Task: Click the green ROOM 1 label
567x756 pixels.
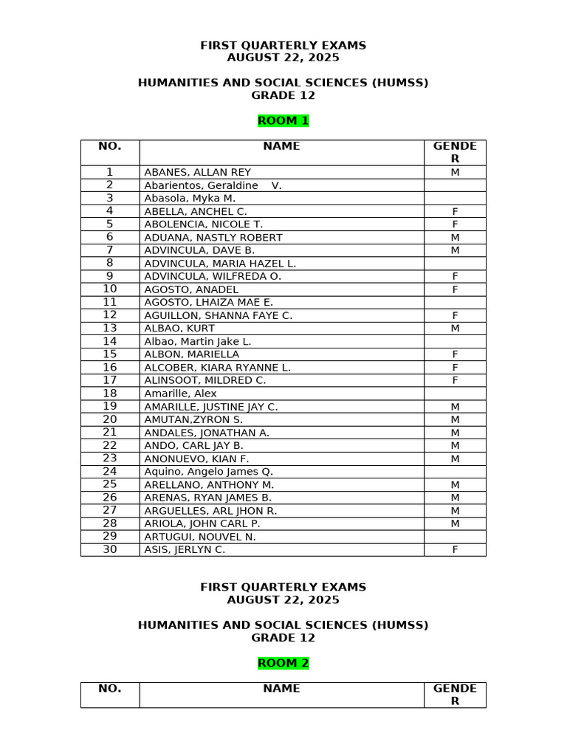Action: [283, 121]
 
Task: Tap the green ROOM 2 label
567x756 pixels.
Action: [283, 663]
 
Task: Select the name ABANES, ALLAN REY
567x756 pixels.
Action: [197, 173]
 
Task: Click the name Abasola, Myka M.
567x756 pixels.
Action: [190, 199]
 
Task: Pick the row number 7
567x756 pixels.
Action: [110, 250]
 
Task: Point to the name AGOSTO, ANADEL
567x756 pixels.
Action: [191, 289]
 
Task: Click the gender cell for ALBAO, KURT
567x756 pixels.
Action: [455, 329]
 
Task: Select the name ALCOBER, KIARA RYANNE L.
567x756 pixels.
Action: [217, 368]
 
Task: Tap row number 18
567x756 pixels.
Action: [110, 394]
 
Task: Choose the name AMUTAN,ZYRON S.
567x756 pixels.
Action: [193, 419]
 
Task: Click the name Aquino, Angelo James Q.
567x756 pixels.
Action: [208, 472]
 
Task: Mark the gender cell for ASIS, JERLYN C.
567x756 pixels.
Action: [455, 550]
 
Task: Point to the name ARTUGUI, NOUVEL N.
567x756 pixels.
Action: [200, 537]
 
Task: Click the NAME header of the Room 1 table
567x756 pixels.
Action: [281, 146]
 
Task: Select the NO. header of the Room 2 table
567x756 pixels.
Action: [110, 689]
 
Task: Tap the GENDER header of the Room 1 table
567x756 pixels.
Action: [455, 152]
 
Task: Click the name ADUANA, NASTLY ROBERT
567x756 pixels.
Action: [213, 238]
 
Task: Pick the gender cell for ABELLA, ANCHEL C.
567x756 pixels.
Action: [455, 212]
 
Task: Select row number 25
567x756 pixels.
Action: [110, 484]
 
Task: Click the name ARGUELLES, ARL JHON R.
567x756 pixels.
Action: [210, 511]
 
